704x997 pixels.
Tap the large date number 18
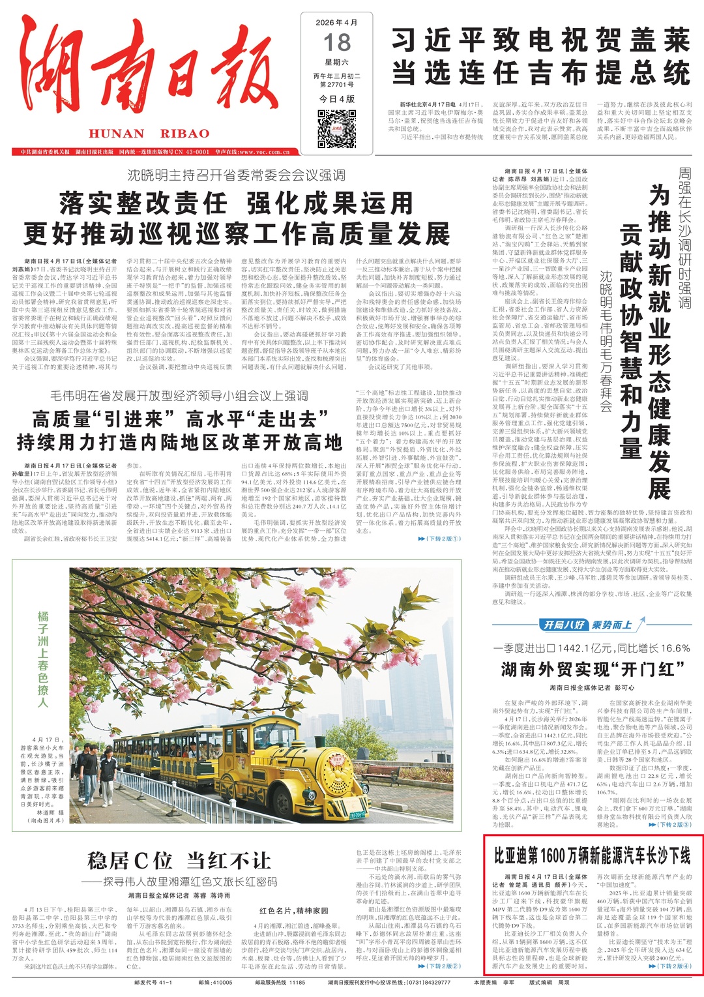pyautogui.click(x=337, y=43)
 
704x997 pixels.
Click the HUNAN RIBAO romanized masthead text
pyautogui.click(x=149, y=134)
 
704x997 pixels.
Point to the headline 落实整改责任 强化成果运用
pyautogui.click(x=236, y=204)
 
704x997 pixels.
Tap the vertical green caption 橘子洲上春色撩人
pyautogui.click(x=43, y=659)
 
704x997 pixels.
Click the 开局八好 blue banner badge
pyautogui.click(x=565, y=625)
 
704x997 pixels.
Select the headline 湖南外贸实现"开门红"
pyautogui.click(x=592, y=669)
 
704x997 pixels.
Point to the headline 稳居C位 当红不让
pyautogui.click(x=179, y=861)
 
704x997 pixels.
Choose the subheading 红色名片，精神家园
pyautogui.click(x=294, y=910)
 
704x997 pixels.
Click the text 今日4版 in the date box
pyautogui.click(x=337, y=98)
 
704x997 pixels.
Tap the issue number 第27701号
pyautogui.click(x=337, y=85)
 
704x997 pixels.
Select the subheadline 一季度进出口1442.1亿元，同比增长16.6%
pyautogui.click(x=592, y=648)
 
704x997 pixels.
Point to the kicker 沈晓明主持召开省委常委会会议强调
pyautogui.click(x=236, y=175)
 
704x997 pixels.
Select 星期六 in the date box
pyautogui.click(x=337, y=63)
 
